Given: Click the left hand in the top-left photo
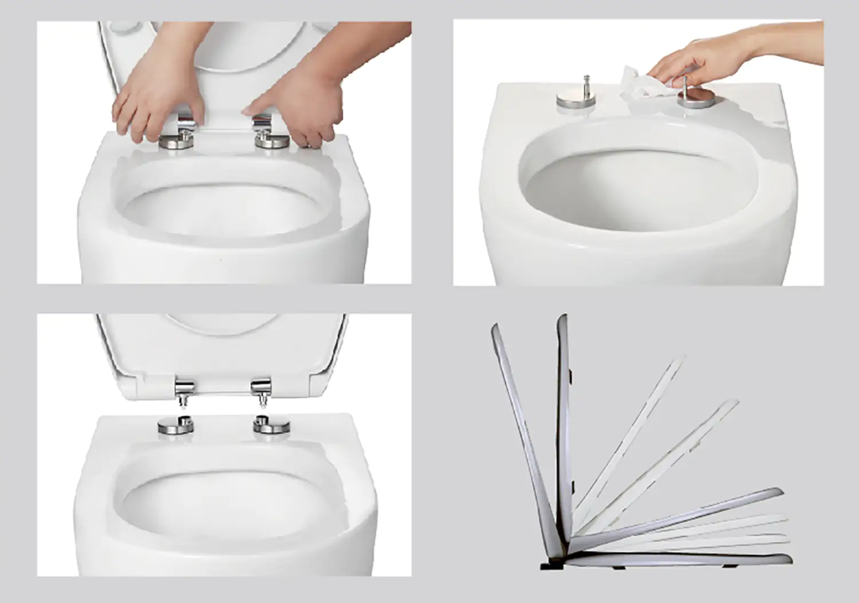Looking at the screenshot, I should [x=155, y=97].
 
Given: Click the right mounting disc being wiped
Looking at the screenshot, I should [x=696, y=98].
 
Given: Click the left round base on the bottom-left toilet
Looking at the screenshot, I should [x=176, y=426].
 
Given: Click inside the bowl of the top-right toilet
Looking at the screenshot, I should [x=636, y=189].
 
